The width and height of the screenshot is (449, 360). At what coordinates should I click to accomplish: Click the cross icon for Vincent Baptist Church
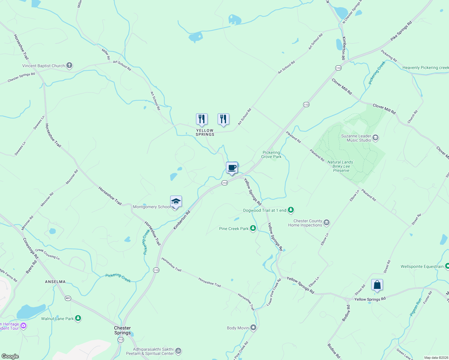(69, 65)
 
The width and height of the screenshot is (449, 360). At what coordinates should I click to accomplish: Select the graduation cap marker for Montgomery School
(176, 202)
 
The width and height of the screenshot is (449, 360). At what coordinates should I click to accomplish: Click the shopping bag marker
(377, 285)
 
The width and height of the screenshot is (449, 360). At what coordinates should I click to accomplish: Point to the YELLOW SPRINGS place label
(205, 132)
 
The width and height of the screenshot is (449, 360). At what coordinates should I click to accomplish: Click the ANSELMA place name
(55, 282)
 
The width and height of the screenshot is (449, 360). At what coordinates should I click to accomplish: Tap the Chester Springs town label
(122, 330)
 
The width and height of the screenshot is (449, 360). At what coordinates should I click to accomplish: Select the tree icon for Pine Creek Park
(253, 229)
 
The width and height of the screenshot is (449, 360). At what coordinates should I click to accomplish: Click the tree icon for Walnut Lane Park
(78, 318)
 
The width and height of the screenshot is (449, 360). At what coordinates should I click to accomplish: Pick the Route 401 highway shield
(68, 298)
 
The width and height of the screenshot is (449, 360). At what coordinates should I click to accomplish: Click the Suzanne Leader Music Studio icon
(375, 138)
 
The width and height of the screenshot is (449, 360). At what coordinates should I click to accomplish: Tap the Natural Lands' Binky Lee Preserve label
(341, 166)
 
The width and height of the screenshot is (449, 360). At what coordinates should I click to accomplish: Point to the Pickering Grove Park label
(271, 154)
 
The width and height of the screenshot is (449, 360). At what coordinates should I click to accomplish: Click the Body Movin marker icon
(253, 328)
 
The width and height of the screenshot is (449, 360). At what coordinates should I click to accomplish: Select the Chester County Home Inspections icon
(327, 223)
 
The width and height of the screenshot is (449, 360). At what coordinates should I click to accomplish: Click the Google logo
(10, 356)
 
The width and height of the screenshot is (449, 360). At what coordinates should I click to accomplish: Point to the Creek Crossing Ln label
(47, 254)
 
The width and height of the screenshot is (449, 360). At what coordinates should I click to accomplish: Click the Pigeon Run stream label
(416, 307)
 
